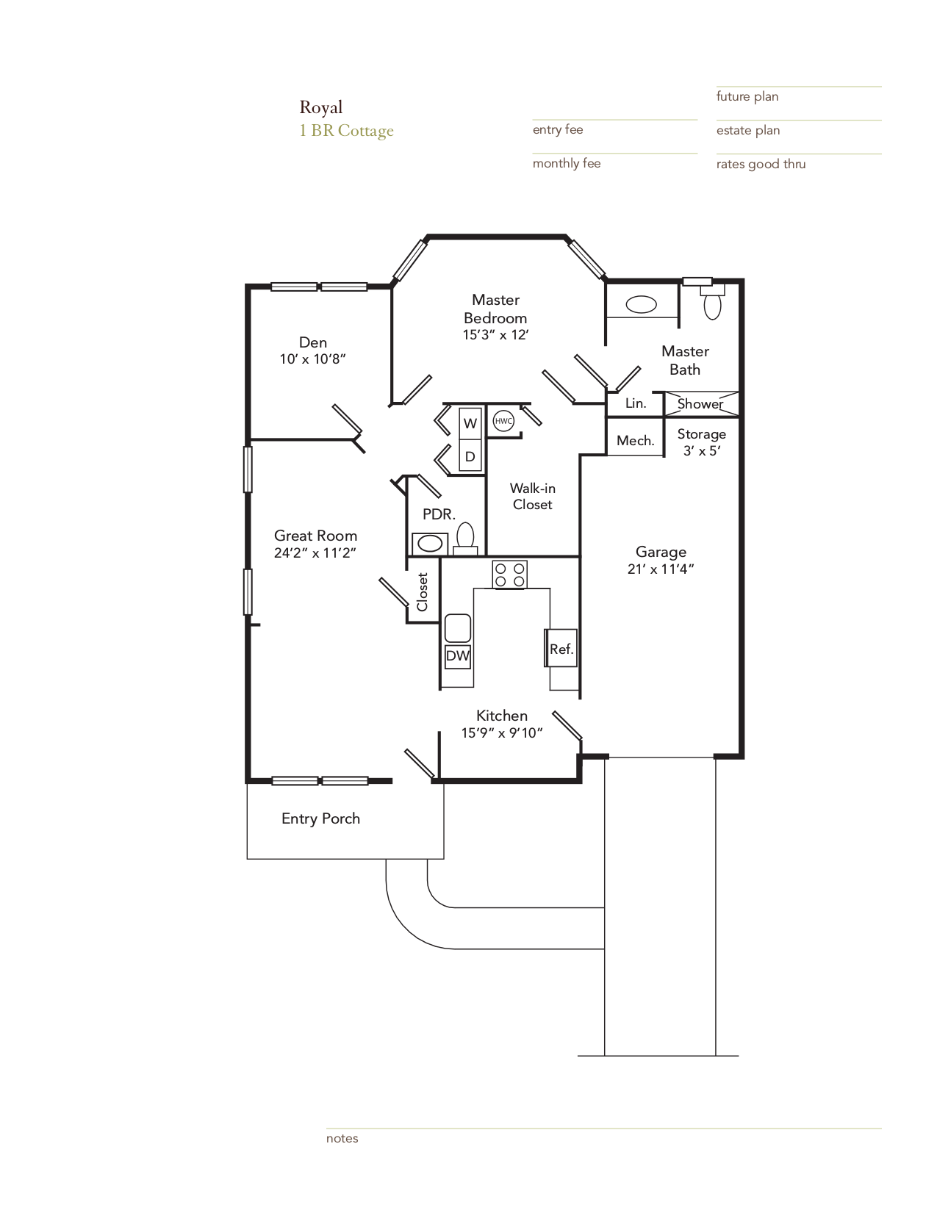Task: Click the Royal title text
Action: point(320,107)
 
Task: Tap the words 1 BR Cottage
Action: point(346,131)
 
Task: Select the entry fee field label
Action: point(557,130)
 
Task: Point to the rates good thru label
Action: point(761,164)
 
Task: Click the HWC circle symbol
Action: point(503,421)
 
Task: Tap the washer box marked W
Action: point(470,424)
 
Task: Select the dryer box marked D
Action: point(470,456)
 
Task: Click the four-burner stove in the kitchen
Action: point(509,575)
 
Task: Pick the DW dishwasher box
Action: point(458,655)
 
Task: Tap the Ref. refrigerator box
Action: point(561,648)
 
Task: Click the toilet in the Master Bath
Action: point(712,303)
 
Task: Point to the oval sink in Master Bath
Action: point(641,304)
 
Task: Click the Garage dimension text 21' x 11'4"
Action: point(661,569)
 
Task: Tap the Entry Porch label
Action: point(320,818)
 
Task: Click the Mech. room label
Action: point(635,441)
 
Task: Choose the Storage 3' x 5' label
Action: point(701,442)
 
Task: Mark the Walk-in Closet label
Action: point(532,497)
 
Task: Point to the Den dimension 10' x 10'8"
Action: point(312,359)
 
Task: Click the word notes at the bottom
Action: point(342,1138)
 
